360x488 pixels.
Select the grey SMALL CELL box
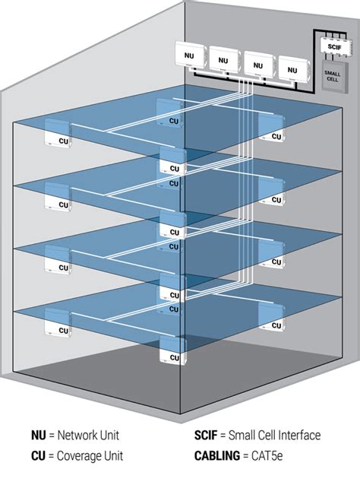[334, 76]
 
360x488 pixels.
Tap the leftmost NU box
[191, 55]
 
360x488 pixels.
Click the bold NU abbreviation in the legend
[39, 435]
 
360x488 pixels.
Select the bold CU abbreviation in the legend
[38, 456]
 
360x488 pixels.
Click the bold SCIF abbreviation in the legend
[206, 435]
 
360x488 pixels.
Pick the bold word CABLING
[217, 456]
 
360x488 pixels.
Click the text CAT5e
[267, 456]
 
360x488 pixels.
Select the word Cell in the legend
[266, 435]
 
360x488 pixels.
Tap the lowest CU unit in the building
[173, 350]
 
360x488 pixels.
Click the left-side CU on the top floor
[58, 133]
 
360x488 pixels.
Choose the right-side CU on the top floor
[271, 128]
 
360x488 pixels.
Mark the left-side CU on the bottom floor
[58, 322]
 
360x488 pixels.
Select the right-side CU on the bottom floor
[271, 318]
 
